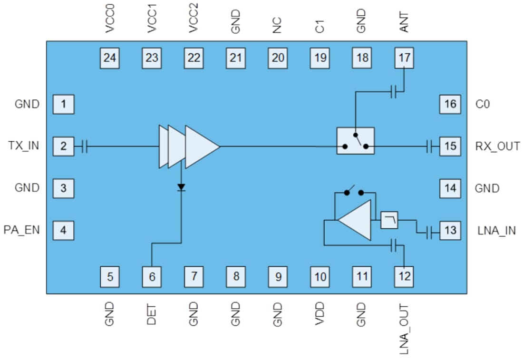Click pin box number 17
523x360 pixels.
[x=405, y=58]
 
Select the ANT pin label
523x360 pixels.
[x=405, y=21]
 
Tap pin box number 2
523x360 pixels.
[x=63, y=146]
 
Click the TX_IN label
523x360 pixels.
[x=24, y=146]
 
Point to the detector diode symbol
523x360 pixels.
[x=181, y=187]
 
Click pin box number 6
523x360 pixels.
[x=152, y=276]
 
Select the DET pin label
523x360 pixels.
[x=152, y=314]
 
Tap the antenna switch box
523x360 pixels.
[x=355, y=141]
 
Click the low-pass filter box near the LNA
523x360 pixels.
[x=389, y=220]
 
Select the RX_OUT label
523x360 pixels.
[x=497, y=146]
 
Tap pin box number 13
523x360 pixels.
[x=450, y=231]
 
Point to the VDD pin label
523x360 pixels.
[x=320, y=314]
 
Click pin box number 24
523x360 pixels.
[x=110, y=58]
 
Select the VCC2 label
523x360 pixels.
[x=194, y=19]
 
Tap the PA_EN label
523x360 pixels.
[x=22, y=231]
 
